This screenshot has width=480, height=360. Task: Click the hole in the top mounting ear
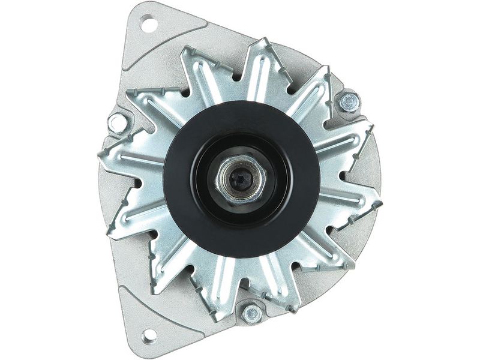[x=148, y=25]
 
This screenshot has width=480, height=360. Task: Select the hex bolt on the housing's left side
[x=118, y=124]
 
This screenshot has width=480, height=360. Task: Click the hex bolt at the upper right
[x=349, y=102]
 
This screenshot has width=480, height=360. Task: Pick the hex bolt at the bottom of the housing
[x=251, y=313]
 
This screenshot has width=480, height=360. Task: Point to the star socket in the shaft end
[x=241, y=178]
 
